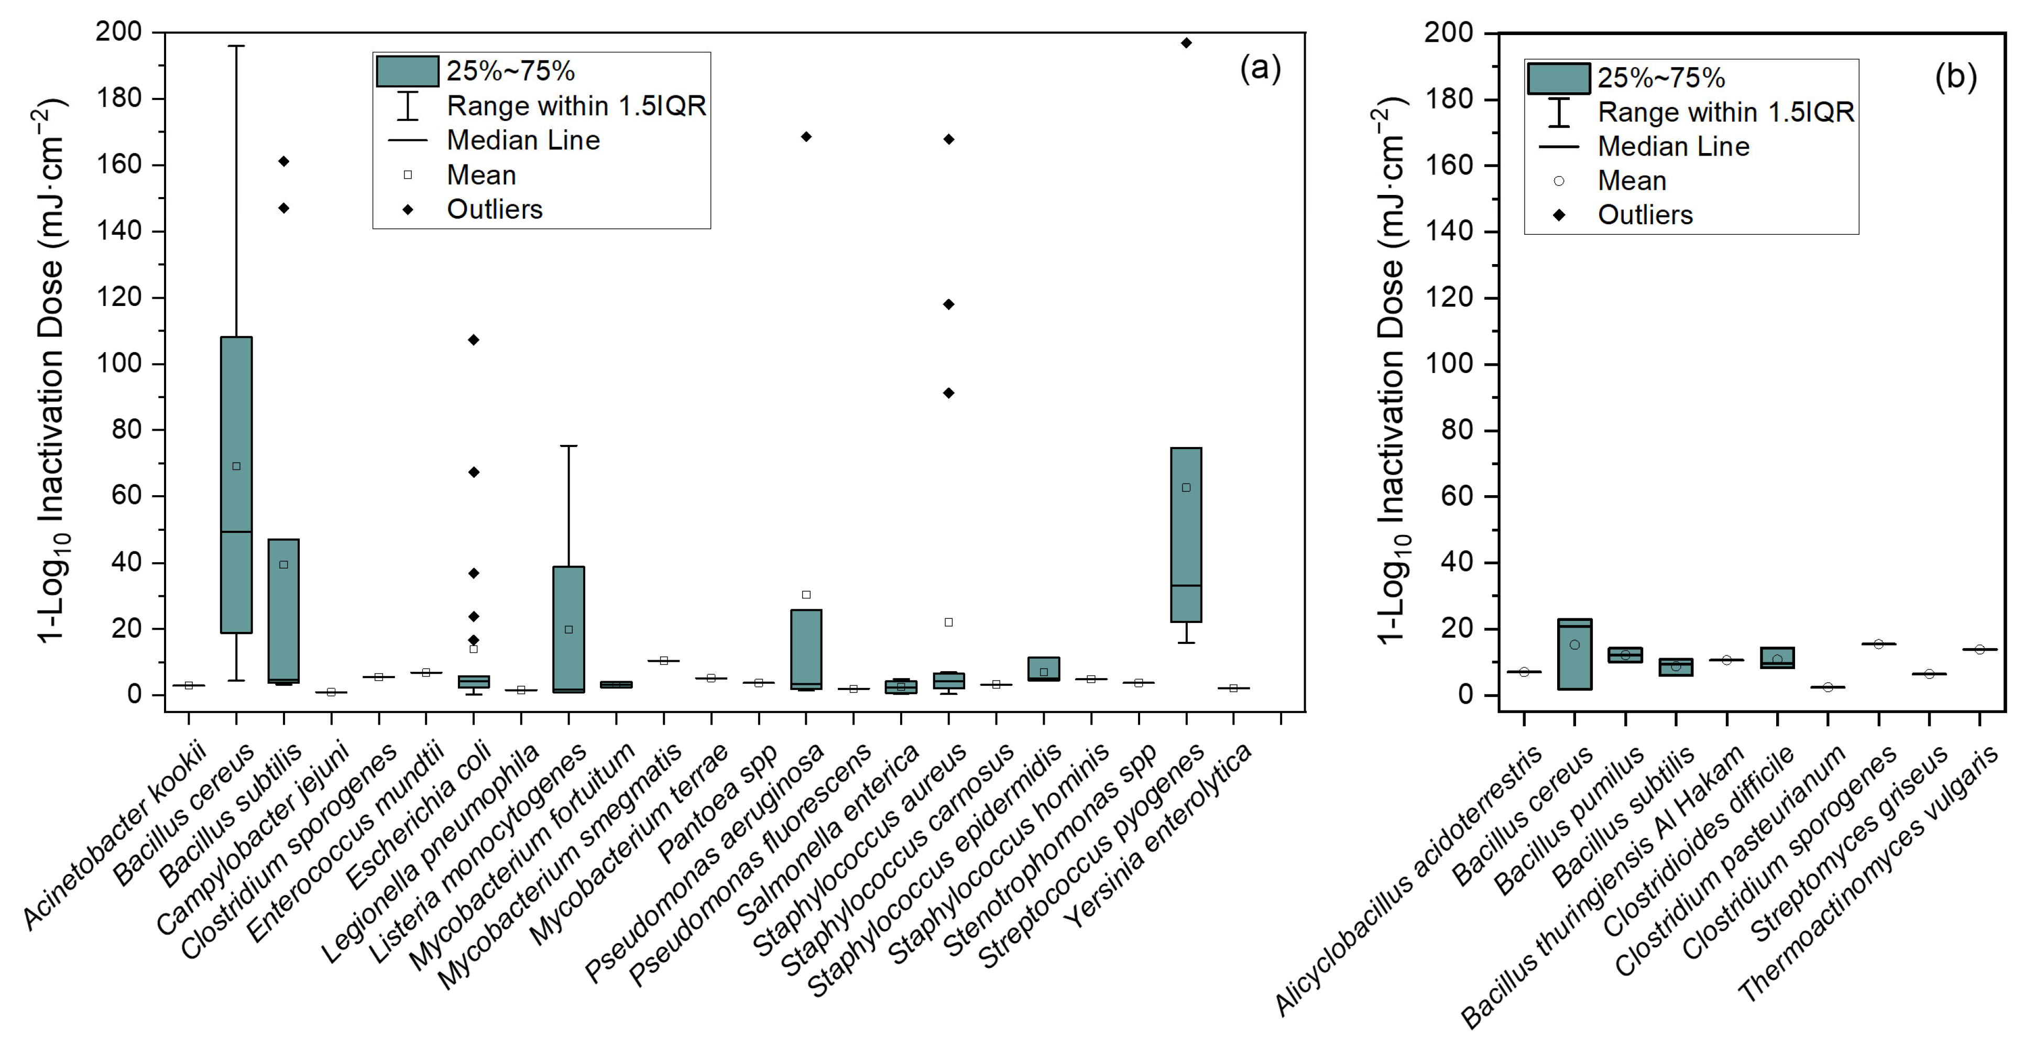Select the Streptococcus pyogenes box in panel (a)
point(1186,535)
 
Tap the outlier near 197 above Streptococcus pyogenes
point(1186,43)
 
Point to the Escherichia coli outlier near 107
point(473,340)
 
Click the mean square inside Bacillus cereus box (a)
point(236,466)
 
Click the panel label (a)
point(1260,68)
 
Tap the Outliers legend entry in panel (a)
point(494,210)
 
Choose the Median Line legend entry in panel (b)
point(1673,147)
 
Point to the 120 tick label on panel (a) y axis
point(118,298)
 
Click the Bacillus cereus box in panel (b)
point(1574,654)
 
